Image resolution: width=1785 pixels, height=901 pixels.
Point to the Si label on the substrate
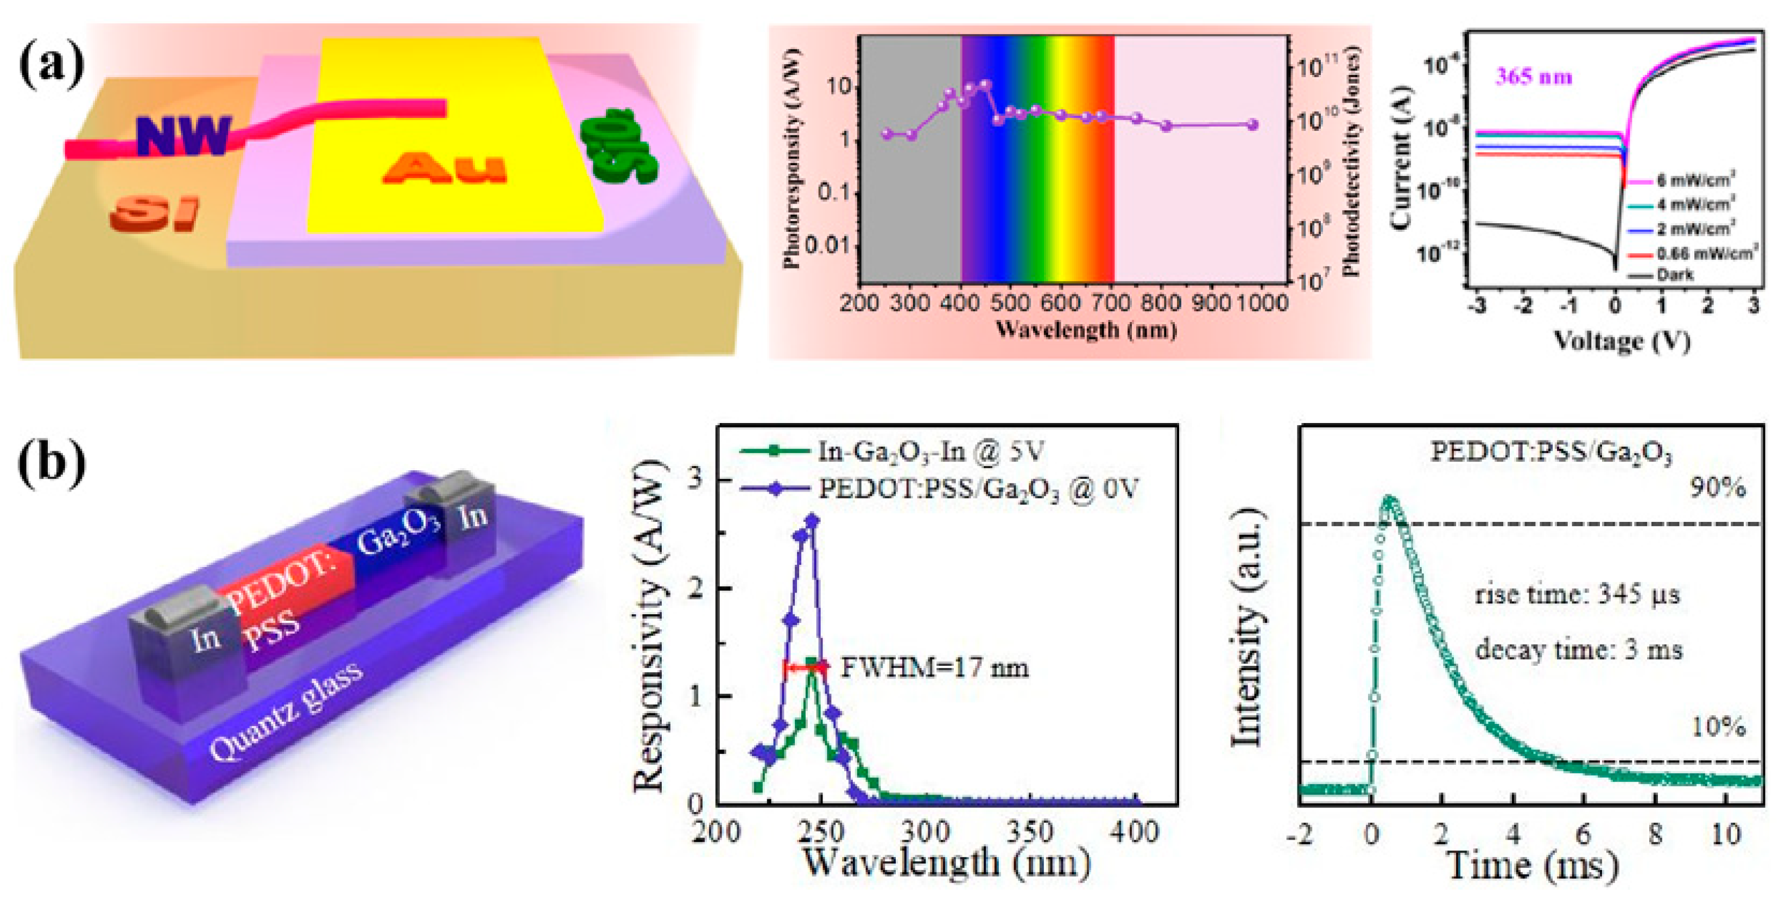(x=154, y=214)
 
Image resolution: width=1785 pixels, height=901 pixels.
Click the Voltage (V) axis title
(x=1622, y=341)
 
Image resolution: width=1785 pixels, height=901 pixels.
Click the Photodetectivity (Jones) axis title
(x=1351, y=163)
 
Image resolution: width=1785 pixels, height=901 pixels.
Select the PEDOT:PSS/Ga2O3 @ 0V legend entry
(x=977, y=489)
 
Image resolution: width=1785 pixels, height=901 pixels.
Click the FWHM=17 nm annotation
(x=934, y=667)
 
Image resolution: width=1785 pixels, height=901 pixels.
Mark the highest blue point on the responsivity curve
(x=812, y=520)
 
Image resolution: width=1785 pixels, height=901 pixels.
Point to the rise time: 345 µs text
(x=1577, y=595)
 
